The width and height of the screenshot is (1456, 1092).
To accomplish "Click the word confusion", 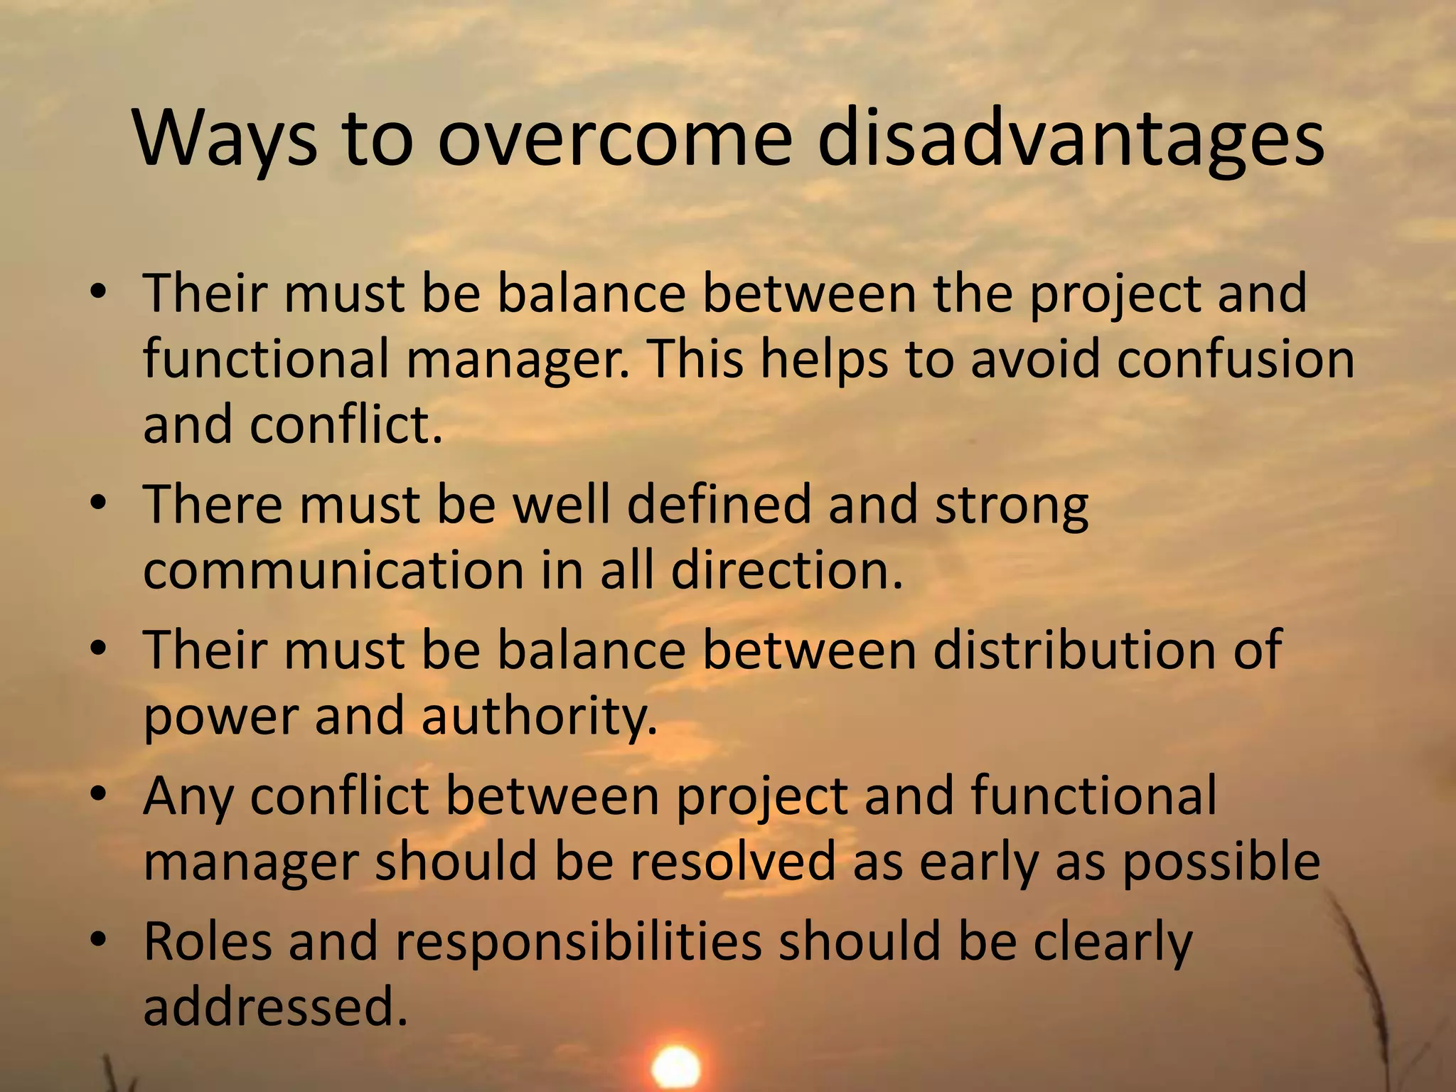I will pyautogui.click(x=1235, y=359).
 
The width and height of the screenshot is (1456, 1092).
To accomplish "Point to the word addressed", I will pyautogui.click(x=276, y=1007).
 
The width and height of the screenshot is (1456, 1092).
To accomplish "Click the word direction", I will pyautogui.click(x=786, y=570).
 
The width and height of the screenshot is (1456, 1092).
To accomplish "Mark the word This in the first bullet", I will pyautogui.click(x=695, y=359).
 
